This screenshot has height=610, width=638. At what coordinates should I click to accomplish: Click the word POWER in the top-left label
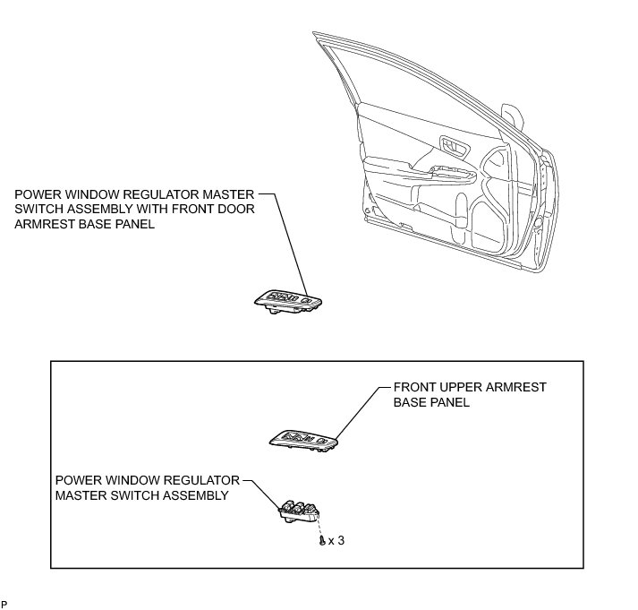coord(35,193)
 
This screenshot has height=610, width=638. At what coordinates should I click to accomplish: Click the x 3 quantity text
coord(336,542)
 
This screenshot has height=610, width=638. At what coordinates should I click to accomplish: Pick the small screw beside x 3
coord(321,542)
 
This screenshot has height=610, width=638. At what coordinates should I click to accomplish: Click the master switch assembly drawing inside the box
coord(298,511)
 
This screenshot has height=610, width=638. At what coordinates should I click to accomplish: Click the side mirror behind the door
coord(514,116)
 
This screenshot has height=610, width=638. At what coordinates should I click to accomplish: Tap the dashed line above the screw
coord(319,528)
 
